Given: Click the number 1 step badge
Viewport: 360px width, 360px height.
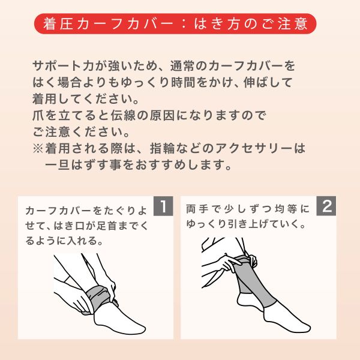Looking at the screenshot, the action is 163,206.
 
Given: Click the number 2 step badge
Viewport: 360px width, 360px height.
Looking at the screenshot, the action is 326,206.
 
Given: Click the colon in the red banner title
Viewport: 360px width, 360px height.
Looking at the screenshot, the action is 184,24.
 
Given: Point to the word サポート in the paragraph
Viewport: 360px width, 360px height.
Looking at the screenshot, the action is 57,66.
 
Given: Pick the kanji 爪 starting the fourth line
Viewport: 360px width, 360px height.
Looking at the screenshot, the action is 38,115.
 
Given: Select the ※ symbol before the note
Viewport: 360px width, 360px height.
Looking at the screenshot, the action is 38,148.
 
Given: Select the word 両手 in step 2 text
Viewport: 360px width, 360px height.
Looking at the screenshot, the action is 197,209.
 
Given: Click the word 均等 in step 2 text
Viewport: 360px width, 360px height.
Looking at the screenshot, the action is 286,209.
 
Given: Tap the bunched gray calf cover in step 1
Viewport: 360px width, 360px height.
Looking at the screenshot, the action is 100,298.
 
